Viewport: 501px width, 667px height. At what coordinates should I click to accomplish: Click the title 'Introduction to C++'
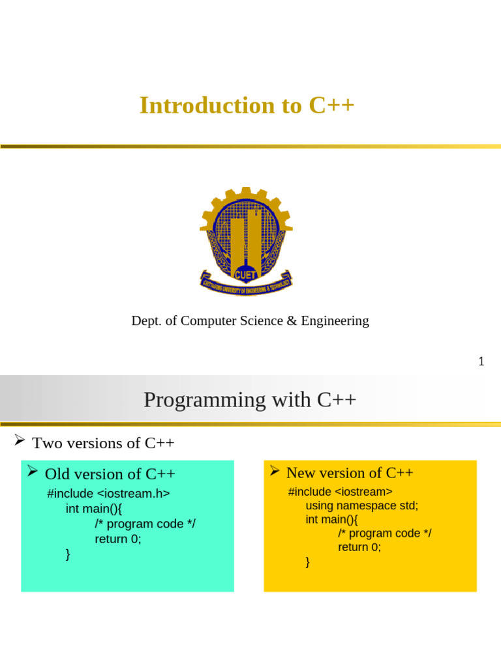coord(247,106)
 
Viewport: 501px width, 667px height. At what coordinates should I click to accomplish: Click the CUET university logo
coord(246,240)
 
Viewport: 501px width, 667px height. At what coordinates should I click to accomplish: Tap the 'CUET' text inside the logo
coord(246,274)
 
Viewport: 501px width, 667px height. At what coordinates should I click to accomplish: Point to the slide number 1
coord(481,362)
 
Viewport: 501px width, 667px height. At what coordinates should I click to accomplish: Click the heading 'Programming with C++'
coord(250,399)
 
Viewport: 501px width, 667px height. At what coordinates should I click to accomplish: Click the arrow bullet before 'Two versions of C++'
coord(20,442)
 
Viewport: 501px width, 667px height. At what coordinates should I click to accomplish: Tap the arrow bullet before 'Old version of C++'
coord(32,472)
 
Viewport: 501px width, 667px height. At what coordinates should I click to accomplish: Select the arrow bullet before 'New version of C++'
coord(275,471)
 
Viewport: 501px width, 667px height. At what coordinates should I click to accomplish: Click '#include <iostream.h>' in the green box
coord(108,494)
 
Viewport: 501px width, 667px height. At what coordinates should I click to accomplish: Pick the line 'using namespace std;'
coord(361,505)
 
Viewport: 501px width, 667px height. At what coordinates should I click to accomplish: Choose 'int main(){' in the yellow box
coord(331,520)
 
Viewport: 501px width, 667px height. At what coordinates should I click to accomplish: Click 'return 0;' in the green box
coord(117,539)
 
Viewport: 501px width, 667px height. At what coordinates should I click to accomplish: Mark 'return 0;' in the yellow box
coord(359,547)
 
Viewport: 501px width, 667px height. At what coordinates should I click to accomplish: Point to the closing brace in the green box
coord(68,554)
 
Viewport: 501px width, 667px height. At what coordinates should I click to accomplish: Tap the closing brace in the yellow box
coord(308,562)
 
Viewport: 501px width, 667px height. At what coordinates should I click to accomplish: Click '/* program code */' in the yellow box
coord(384,533)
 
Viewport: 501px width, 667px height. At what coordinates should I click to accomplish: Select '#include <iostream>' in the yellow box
coord(340,492)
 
